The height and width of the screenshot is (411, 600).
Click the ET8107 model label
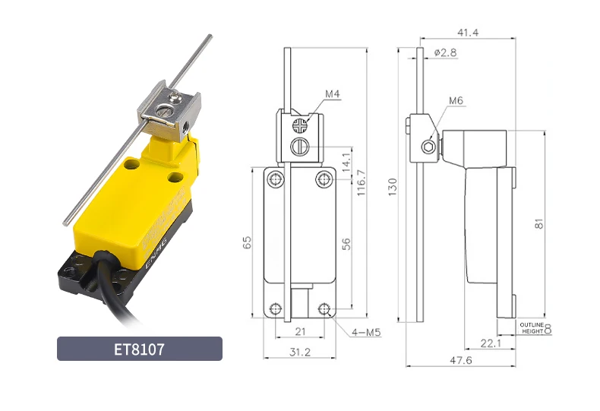139,349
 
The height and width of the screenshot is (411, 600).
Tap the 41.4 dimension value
468,33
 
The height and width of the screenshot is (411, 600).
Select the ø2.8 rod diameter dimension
445,52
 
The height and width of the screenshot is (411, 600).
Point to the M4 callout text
332,93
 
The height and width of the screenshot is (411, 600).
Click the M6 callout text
456,100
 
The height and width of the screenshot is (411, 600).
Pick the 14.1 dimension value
346,162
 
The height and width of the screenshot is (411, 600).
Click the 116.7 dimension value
362,183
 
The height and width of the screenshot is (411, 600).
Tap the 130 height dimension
393,187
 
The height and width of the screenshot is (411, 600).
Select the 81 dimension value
538,224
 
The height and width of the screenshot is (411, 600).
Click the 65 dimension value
247,242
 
